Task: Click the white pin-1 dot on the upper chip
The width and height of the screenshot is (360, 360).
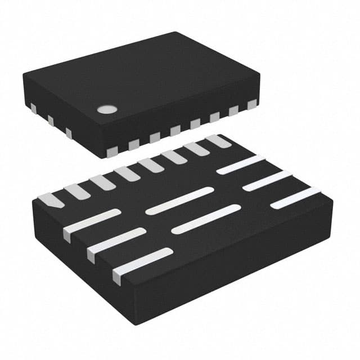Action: (106, 109)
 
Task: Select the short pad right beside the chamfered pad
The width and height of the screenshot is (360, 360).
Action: (77, 191)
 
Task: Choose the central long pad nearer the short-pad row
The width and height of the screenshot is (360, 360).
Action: (179, 201)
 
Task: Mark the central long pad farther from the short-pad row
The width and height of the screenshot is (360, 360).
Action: (206, 219)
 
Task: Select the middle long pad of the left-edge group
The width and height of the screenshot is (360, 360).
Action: (117, 241)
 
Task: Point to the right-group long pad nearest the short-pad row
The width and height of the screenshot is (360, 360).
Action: (241, 164)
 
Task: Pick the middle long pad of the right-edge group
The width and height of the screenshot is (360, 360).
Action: (267, 181)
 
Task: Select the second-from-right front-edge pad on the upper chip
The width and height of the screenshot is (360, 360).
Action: (233, 111)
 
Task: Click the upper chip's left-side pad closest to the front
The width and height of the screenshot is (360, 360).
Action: (69, 133)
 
